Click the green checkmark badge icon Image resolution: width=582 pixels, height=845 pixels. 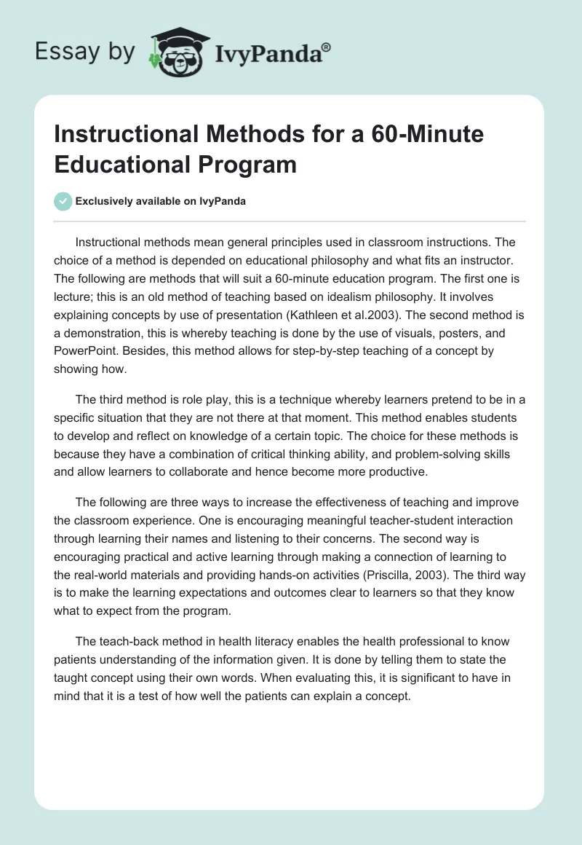[63, 201]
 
